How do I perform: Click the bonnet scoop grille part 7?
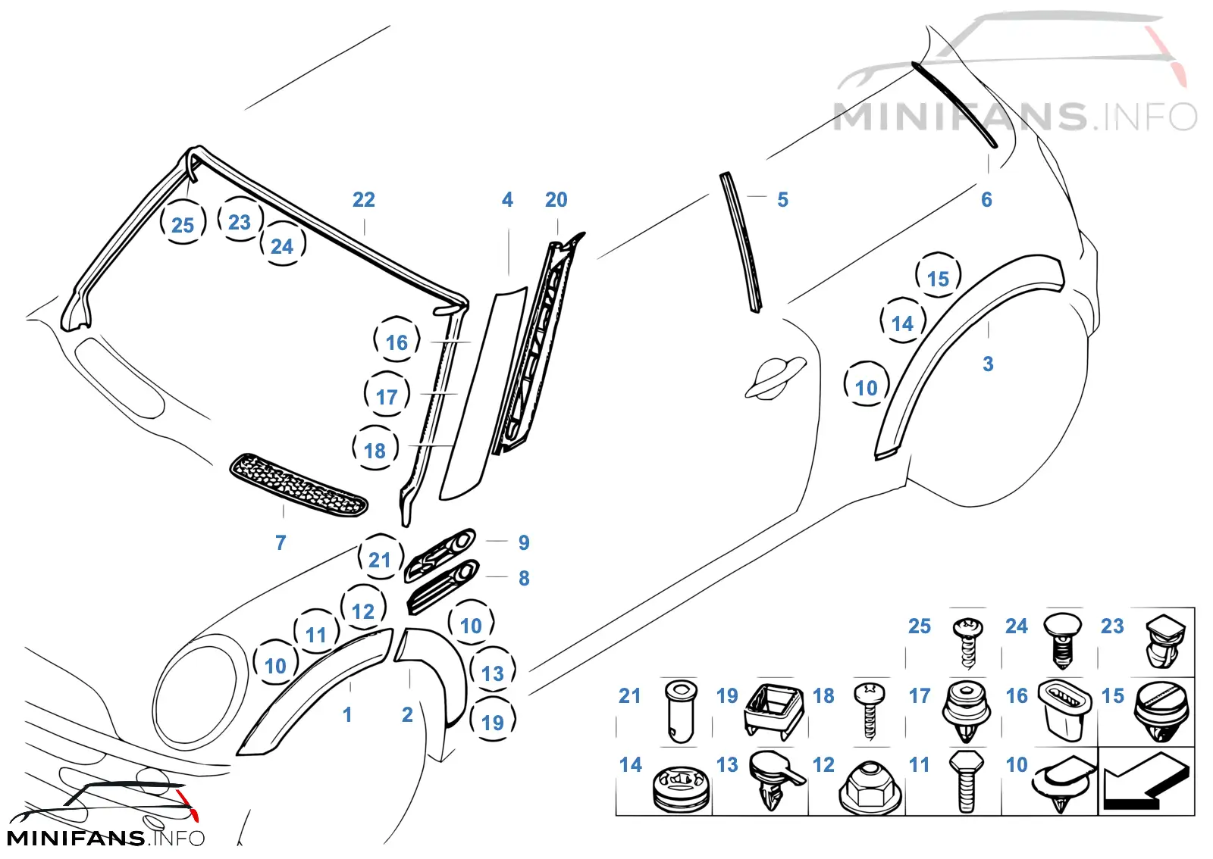pyautogui.click(x=299, y=486)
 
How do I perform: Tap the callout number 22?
pyautogui.click(x=364, y=200)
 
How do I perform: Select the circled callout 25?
pyautogui.click(x=183, y=225)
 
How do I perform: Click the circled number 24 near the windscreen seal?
pyautogui.click(x=282, y=246)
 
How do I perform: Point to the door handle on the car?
pyautogui.click(x=774, y=376)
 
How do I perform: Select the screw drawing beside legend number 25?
pyautogui.click(x=967, y=643)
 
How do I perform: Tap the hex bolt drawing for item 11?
pyautogui.click(x=967, y=781)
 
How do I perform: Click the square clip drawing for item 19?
pyautogui.click(x=774, y=710)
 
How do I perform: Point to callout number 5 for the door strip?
pyautogui.click(x=783, y=200)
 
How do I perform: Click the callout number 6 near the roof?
pyautogui.click(x=986, y=200)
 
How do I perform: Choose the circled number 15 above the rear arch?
pyautogui.click(x=938, y=279)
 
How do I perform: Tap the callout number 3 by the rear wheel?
pyautogui.click(x=989, y=364)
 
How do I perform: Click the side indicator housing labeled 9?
pyautogui.click(x=440, y=554)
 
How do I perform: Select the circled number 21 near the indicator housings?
pyautogui.click(x=380, y=560)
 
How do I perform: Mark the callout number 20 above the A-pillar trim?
pyautogui.click(x=556, y=200)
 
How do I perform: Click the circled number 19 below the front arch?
pyautogui.click(x=492, y=723)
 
